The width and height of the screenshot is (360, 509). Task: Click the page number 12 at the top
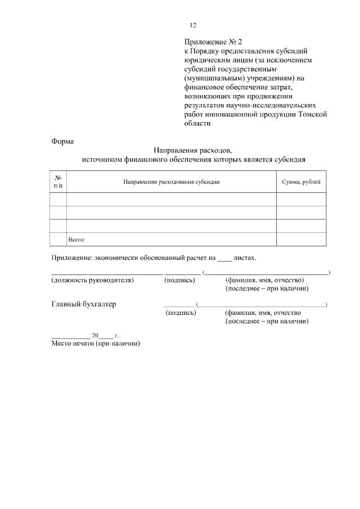pos(192,25)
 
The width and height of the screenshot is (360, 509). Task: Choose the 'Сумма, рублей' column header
pos(301,182)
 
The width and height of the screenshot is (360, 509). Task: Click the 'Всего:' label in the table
pos(76,240)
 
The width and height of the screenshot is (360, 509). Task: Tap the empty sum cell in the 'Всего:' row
pos(301,240)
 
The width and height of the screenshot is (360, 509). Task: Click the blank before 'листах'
pos(224,259)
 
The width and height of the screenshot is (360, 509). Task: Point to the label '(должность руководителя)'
pos(93,280)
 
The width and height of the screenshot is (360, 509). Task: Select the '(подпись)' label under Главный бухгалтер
pos(181,313)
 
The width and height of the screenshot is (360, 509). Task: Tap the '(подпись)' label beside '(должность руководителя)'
pos(180,280)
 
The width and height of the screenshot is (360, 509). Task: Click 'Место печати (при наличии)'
pos(95,344)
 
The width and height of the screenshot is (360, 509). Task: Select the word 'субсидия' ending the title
pos(290,160)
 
